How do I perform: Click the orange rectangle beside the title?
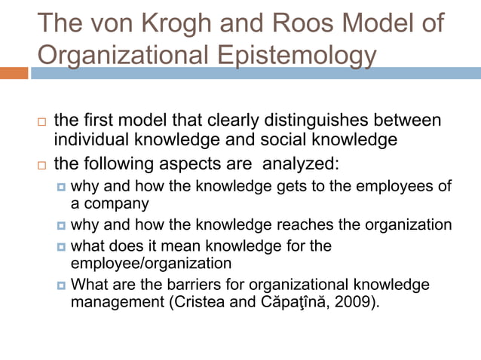coord(14,73)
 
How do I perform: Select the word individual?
coord(90,140)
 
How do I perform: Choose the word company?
coord(116,204)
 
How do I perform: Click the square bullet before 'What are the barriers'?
coord(61,286)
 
